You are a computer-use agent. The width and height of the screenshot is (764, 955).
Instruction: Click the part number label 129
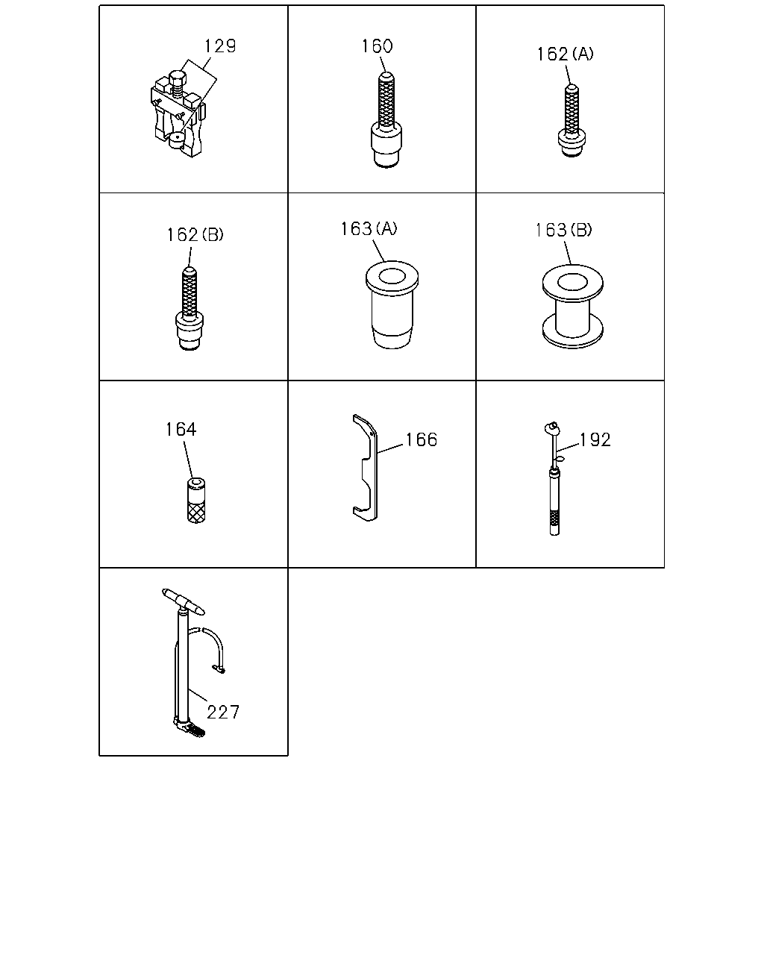[220, 46]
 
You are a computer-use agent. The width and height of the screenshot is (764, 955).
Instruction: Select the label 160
[377, 46]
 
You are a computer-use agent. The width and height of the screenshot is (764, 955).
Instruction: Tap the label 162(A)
[565, 54]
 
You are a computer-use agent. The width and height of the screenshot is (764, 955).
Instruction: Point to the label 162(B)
[195, 235]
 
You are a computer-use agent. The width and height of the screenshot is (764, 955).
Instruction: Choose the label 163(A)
[369, 229]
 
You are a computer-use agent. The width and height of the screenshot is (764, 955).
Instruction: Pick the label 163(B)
[563, 231]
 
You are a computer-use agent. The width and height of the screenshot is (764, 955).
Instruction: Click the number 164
[181, 429]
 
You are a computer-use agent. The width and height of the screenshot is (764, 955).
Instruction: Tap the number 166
[422, 439]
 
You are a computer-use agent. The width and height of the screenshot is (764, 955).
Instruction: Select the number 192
[595, 439]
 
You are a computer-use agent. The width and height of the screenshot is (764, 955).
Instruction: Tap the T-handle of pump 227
[184, 602]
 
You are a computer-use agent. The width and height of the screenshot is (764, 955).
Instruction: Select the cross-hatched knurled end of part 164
[196, 511]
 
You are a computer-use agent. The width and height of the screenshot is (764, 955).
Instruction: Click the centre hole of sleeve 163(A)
[392, 276]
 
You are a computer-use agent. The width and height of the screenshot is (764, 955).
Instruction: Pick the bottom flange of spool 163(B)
[573, 333]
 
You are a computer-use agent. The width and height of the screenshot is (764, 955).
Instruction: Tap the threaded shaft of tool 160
[386, 100]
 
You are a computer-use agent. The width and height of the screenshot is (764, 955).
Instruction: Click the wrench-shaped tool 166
[366, 468]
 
